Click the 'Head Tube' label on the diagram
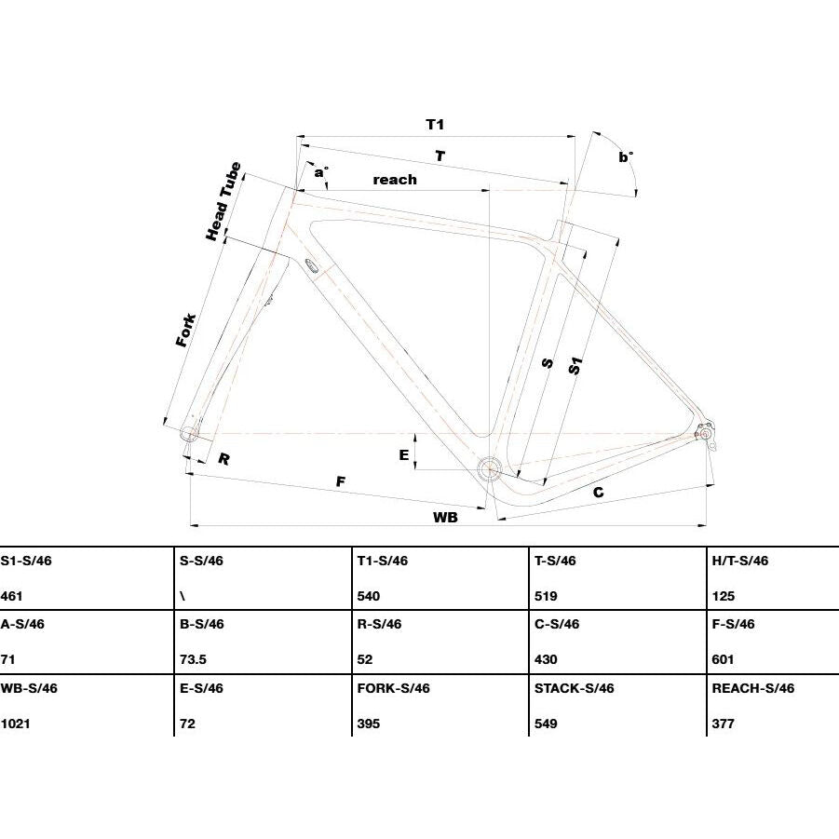tap(223, 201)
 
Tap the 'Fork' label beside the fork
tap(186, 331)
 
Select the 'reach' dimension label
tap(395, 180)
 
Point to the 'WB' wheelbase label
tap(445, 518)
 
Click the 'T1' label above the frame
tap(435, 125)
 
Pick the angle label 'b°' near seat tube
tap(626, 156)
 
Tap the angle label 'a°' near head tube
tap(321, 171)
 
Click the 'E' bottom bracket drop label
tap(404, 454)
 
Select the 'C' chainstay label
tap(599, 493)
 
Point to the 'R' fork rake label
tap(224, 459)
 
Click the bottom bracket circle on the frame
tap(489, 469)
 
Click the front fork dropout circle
tap(189, 433)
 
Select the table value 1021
tap(16, 724)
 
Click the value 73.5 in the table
tap(193, 659)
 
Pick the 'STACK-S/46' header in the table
tap(575, 688)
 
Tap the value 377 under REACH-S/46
tap(723, 724)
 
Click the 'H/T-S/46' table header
tap(740, 561)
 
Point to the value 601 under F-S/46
tap(723, 659)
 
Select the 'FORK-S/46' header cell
tap(394, 688)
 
